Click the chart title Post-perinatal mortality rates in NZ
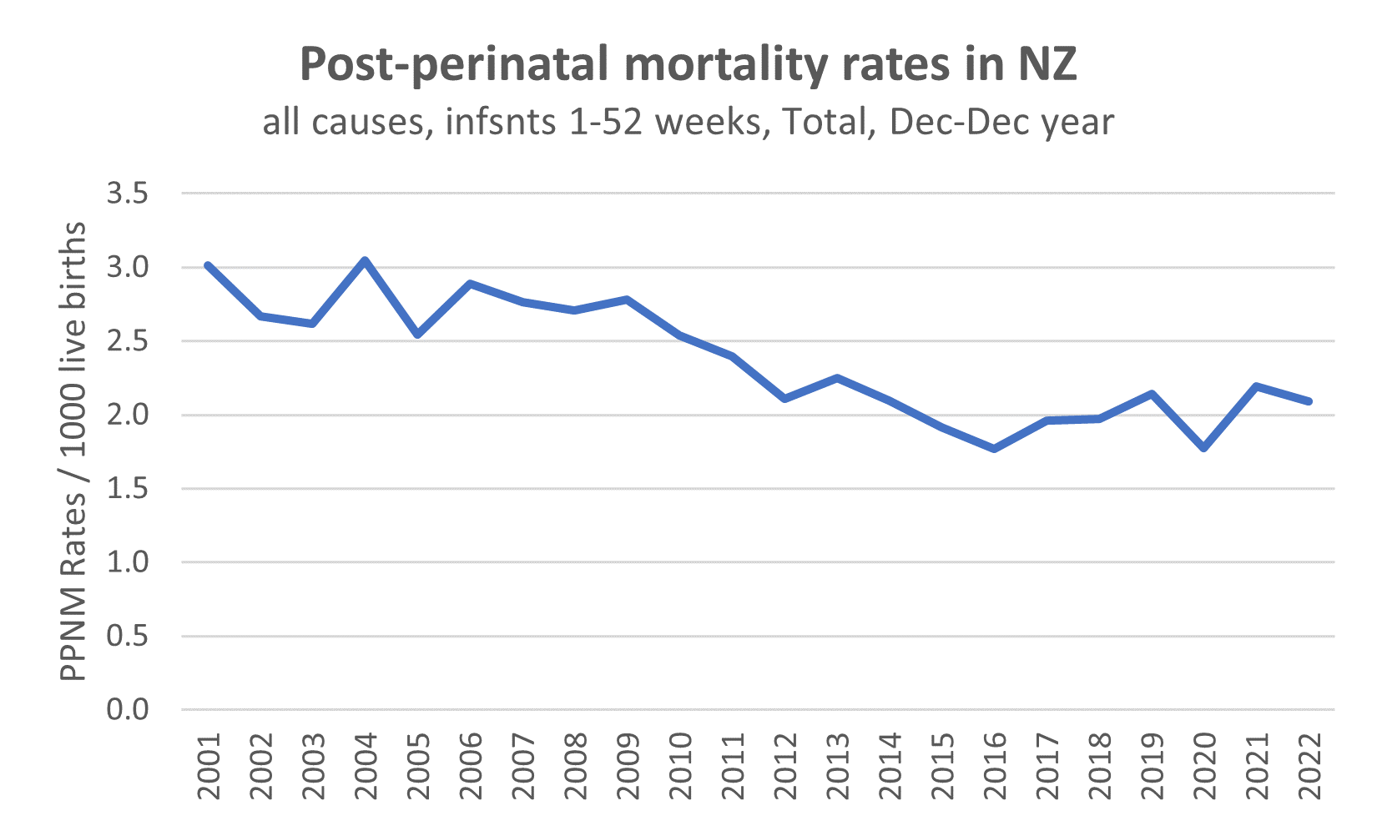pos(688,66)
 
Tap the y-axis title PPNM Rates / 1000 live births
pos(73,451)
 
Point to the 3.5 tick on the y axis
pos(128,194)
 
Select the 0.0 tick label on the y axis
pos(128,710)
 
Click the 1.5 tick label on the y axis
pos(128,489)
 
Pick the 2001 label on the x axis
pos(208,767)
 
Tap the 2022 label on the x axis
pos(1309,767)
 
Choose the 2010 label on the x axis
pos(680,767)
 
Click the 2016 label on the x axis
pos(995,767)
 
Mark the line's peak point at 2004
pos(365,260)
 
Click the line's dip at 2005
pos(417,335)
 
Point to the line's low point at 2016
pos(995,449)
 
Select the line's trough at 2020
pos(1204,448)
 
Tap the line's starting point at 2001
pos(208,265)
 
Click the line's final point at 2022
pos(1309,401)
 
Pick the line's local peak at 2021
pos(1257,386)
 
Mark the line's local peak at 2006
pos(470,284)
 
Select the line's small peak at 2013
pos(837,378)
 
